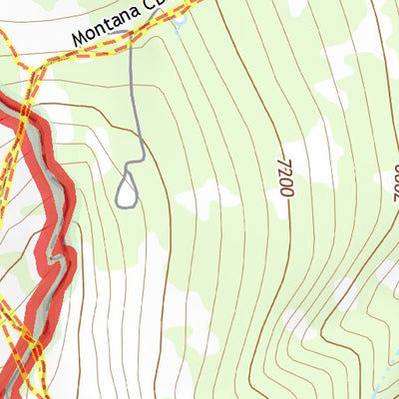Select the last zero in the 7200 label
tap(286, 190)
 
